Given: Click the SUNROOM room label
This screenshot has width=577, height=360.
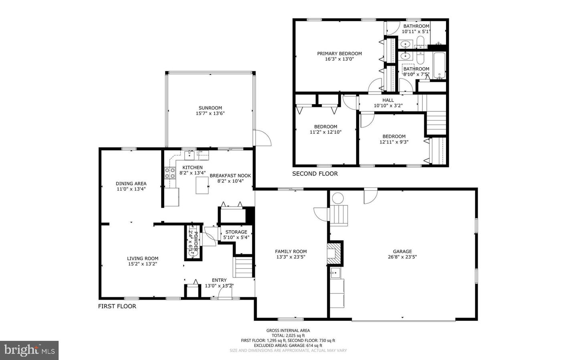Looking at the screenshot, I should pos(210,108).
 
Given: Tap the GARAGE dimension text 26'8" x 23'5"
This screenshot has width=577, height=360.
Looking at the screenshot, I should pos(402,257).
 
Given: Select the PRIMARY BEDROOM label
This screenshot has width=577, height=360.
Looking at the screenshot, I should pos(339,54).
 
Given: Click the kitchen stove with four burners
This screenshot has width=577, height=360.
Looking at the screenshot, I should pos(170,173).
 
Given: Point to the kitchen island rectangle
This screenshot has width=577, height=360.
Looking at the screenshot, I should pos(202,185).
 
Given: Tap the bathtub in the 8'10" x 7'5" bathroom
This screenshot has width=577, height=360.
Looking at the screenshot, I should pos(439,66).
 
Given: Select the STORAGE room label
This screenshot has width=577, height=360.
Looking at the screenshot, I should pos(236,232).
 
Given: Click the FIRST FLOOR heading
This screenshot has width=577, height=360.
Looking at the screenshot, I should pos(117,306).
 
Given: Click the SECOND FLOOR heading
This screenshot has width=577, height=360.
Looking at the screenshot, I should pos(315,174).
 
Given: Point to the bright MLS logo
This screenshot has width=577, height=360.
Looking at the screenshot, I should pos(29,350).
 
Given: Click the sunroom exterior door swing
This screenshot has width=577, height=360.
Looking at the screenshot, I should pos(262,138).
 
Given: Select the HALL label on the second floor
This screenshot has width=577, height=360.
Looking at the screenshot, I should pos(388,100).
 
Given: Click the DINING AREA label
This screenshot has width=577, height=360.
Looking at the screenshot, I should pos(131,184).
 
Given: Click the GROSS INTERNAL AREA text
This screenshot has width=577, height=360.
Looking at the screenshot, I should pos(288,330).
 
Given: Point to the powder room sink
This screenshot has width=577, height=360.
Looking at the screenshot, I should pos(193,253).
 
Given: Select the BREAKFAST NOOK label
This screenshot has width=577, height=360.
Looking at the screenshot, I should pos(230,175).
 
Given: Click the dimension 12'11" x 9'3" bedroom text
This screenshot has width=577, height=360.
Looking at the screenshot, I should pos(393,142).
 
